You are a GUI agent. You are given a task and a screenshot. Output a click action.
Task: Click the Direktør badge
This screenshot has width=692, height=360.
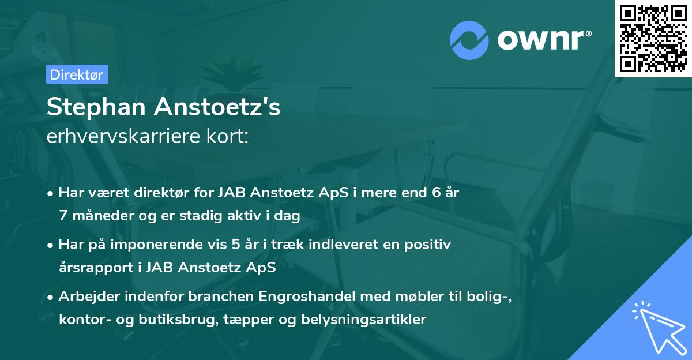(77, 74)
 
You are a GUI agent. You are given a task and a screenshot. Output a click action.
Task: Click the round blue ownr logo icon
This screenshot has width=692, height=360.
(469, 40)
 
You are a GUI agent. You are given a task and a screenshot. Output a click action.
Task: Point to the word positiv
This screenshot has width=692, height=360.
(429, 245)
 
